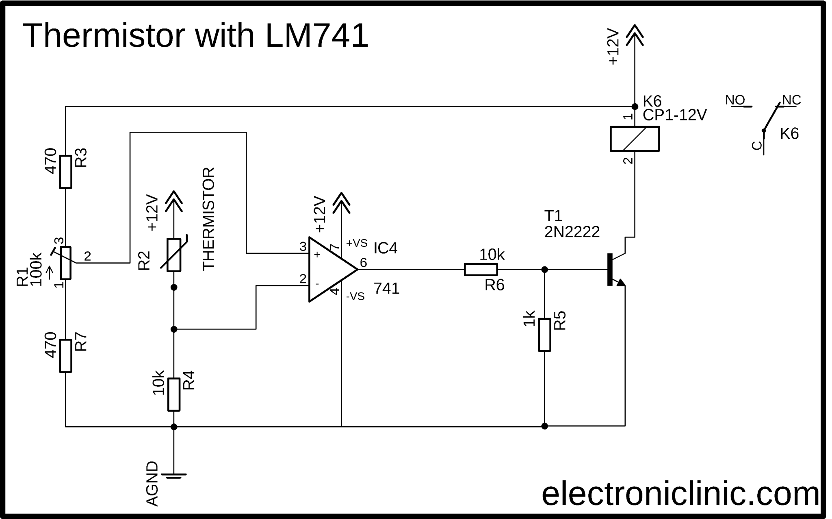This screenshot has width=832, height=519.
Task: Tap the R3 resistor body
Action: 65,172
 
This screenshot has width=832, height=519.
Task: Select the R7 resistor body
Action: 65,355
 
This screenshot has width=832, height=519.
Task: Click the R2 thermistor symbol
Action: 174,255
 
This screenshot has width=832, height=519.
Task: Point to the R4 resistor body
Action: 174,394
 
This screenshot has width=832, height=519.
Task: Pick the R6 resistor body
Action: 481,269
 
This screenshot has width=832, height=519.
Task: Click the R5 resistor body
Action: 544,334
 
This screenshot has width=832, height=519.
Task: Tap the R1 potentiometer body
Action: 65,263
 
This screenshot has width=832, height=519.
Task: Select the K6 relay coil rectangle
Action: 635,139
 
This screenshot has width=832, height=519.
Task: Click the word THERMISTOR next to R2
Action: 208,219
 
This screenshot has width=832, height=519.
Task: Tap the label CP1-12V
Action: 674,116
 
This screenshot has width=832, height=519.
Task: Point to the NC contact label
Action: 791,100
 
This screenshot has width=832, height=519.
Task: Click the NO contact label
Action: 735,100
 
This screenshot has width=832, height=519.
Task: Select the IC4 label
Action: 385,248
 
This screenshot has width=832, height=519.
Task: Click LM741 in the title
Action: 317,36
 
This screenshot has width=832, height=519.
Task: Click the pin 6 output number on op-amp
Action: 363,263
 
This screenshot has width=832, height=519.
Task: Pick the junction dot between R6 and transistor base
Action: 544,269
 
